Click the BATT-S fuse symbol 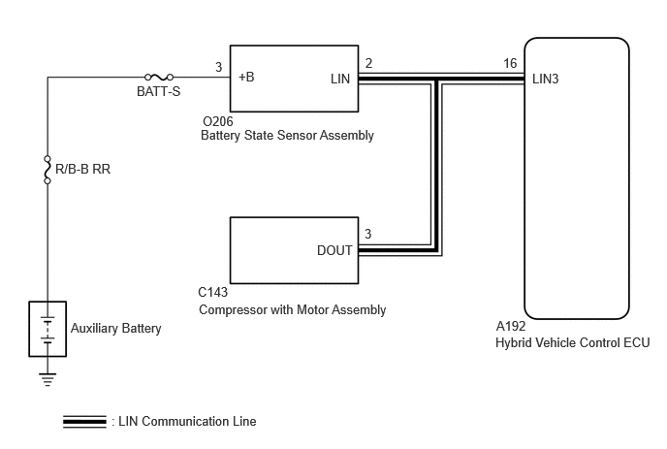(159, 77)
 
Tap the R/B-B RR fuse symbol (48, 170)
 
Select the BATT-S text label (159, 91)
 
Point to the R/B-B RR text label (83, 169)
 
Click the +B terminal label (246, 77)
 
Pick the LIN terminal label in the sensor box (340, 79)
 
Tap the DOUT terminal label (334, 250)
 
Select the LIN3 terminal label (546, 79)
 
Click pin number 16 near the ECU (510, 63)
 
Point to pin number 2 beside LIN (368, 63)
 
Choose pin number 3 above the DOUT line (368, 234)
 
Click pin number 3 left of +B (219, 67)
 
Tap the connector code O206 (218, 122)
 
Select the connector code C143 (213, 292)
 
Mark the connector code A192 (511, 326)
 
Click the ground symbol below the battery (48, 379)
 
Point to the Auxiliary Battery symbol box (48, 329)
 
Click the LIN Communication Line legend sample (84, 421)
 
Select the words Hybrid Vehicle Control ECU (573, 342)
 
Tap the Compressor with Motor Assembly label (293, 309)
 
